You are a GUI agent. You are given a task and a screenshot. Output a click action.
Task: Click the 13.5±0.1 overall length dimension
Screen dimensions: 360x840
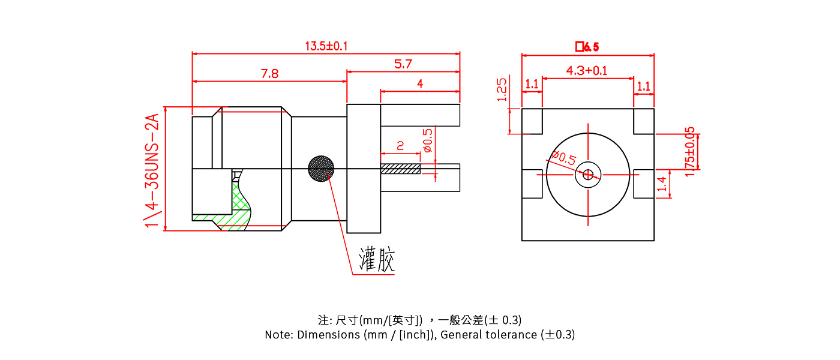pos(326,46)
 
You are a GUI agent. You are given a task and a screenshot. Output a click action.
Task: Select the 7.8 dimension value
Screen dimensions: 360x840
pos(269,74)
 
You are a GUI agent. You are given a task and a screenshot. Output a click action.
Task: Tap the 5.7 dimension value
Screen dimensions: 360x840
pos(403,64)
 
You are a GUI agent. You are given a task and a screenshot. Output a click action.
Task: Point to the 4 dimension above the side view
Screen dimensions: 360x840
pos(420,84)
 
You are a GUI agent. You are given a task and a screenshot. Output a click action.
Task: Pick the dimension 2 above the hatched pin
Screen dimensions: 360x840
pos(400,146)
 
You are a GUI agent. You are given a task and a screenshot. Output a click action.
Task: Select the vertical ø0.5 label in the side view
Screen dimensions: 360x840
pos(427,140)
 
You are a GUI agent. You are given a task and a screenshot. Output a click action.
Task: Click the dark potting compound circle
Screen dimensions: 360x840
pos(320,169)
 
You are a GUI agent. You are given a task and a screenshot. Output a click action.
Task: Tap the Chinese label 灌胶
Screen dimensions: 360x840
pos(377,260)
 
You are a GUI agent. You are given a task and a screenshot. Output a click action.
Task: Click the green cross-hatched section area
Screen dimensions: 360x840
pos(240,207)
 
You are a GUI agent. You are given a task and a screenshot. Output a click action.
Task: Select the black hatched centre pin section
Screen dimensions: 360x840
pos(400,169)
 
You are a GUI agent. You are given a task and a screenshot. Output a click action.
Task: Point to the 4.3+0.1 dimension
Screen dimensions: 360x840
pos(587,71)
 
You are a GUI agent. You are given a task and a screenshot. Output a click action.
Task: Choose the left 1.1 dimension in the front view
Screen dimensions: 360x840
pos(532,85)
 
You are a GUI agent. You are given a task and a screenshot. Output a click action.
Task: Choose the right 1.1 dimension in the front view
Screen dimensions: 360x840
pos(643,86)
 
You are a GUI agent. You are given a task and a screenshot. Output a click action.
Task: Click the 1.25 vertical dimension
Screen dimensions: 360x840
pos(503,89)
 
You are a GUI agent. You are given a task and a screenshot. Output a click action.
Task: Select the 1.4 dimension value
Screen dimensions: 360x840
pos(662,184)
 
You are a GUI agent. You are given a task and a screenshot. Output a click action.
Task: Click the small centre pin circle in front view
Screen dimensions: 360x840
pos(588,175)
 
